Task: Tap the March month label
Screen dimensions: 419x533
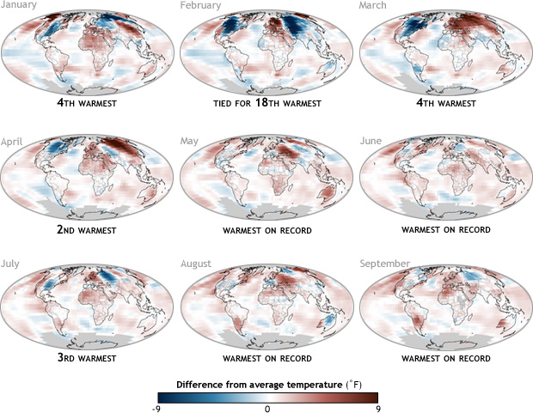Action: [x=374, y=7]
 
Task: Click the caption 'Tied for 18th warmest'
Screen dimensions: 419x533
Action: [x=266, y=107]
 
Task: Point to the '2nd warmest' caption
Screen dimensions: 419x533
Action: [x=89, y=230]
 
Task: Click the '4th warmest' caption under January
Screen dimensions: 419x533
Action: [x=89, y=107]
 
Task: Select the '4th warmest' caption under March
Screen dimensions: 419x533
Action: [x=444, y=107]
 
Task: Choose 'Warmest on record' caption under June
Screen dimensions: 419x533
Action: [x=444, y=230]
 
